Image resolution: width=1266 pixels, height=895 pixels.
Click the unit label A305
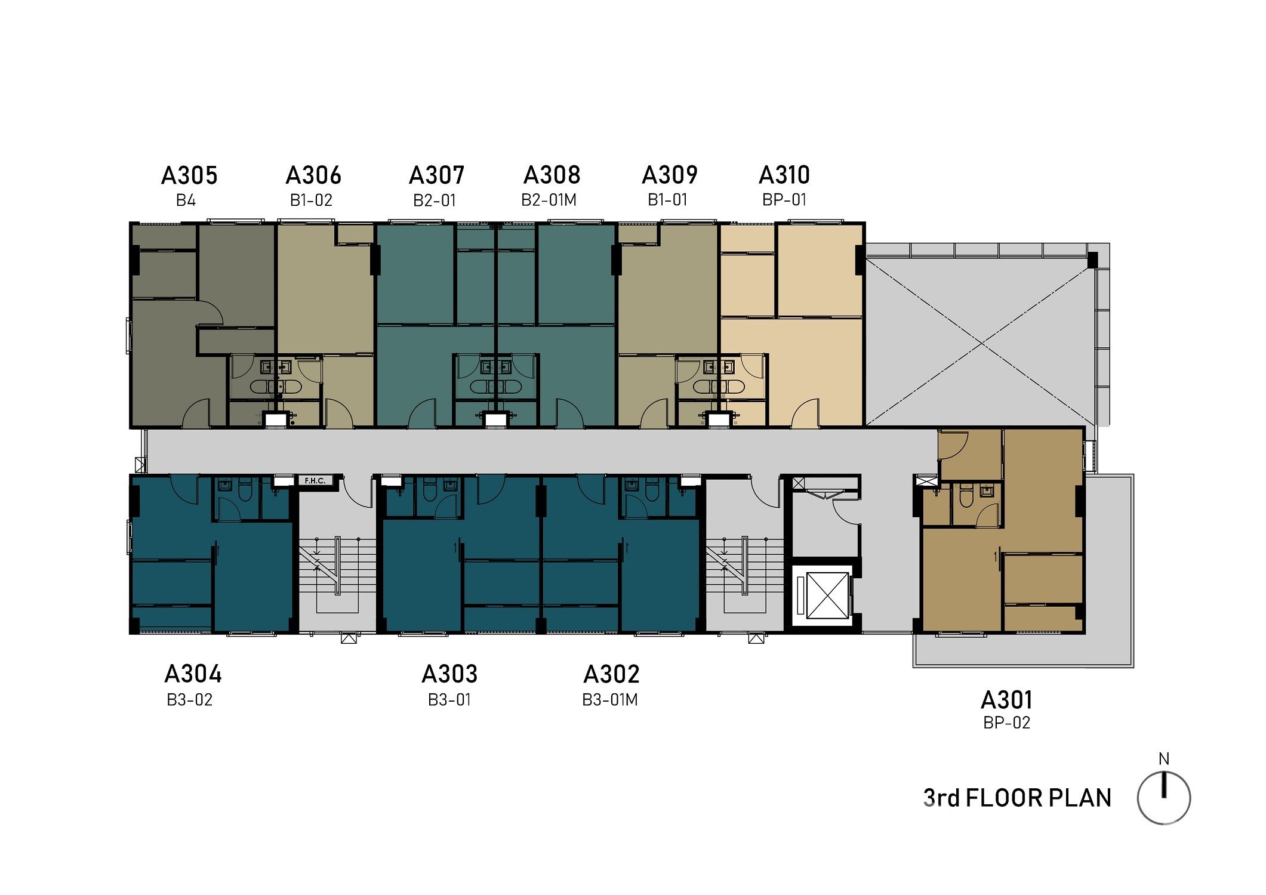189,175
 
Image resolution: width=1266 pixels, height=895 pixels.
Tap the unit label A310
784,175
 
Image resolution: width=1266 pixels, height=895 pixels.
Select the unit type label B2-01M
549,200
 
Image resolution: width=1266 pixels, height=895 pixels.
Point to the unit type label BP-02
1007,723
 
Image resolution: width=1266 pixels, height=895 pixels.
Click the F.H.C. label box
315,480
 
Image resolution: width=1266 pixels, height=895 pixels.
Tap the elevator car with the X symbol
827,595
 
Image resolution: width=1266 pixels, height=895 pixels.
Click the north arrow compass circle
1164,798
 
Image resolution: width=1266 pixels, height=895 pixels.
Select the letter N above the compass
1164,759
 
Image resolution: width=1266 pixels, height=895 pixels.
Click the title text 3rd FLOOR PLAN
1017,798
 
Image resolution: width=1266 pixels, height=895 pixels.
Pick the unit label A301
1006,699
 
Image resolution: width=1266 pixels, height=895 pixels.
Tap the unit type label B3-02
190,699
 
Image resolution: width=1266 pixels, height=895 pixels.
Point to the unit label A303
449,674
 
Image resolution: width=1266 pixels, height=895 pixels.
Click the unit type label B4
186,200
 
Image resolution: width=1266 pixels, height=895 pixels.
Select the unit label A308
552,175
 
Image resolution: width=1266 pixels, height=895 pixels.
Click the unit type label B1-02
311,200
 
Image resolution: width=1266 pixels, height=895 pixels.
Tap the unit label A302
611,674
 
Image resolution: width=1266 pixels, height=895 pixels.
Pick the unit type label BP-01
784,199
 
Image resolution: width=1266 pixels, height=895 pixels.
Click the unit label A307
436,175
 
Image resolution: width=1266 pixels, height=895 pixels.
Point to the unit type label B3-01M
610,699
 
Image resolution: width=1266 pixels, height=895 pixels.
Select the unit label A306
313,175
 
